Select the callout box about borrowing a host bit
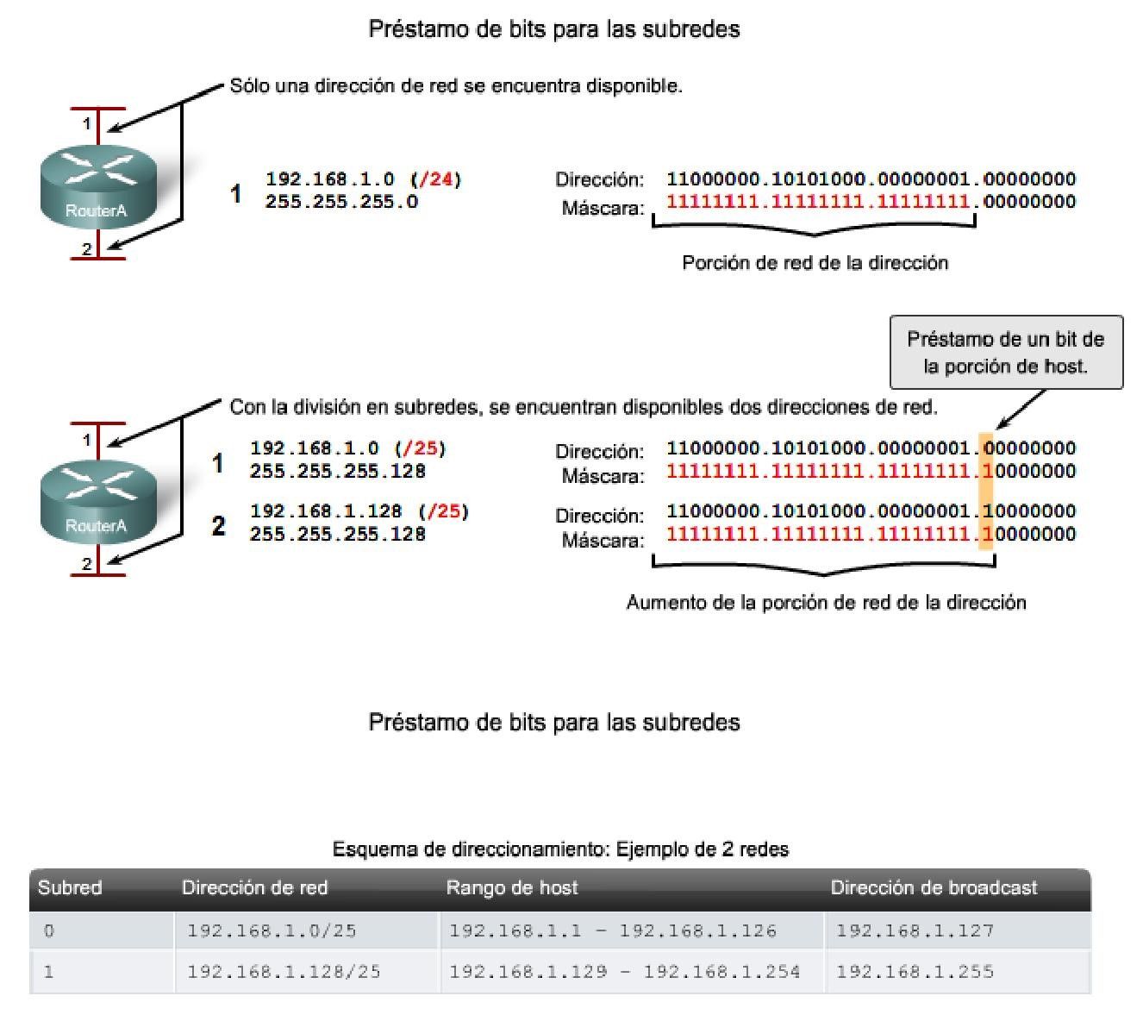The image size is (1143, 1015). click(1005, 352)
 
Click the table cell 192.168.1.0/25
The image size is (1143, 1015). click(272, 930)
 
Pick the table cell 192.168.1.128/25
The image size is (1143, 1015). click(284, 972)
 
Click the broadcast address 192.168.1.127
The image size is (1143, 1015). click(915, 930)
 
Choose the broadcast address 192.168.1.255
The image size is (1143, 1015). click(915, 972)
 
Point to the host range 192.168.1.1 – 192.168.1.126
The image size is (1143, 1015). click(613, 930)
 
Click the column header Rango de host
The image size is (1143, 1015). click(512, 887)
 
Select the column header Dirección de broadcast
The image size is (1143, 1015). click(934, 887)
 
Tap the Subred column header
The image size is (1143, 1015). click(70, 887)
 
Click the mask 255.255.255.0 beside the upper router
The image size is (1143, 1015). click(341, 202)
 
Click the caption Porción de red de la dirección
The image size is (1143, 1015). click(815, 263)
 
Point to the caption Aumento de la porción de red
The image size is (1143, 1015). click(826, 602)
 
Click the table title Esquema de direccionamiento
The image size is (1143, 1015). click(560, 849)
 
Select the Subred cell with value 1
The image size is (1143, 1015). click(49, 972)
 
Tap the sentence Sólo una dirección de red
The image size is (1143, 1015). click(456, 86)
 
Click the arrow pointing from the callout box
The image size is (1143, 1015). click(1021, 409)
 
